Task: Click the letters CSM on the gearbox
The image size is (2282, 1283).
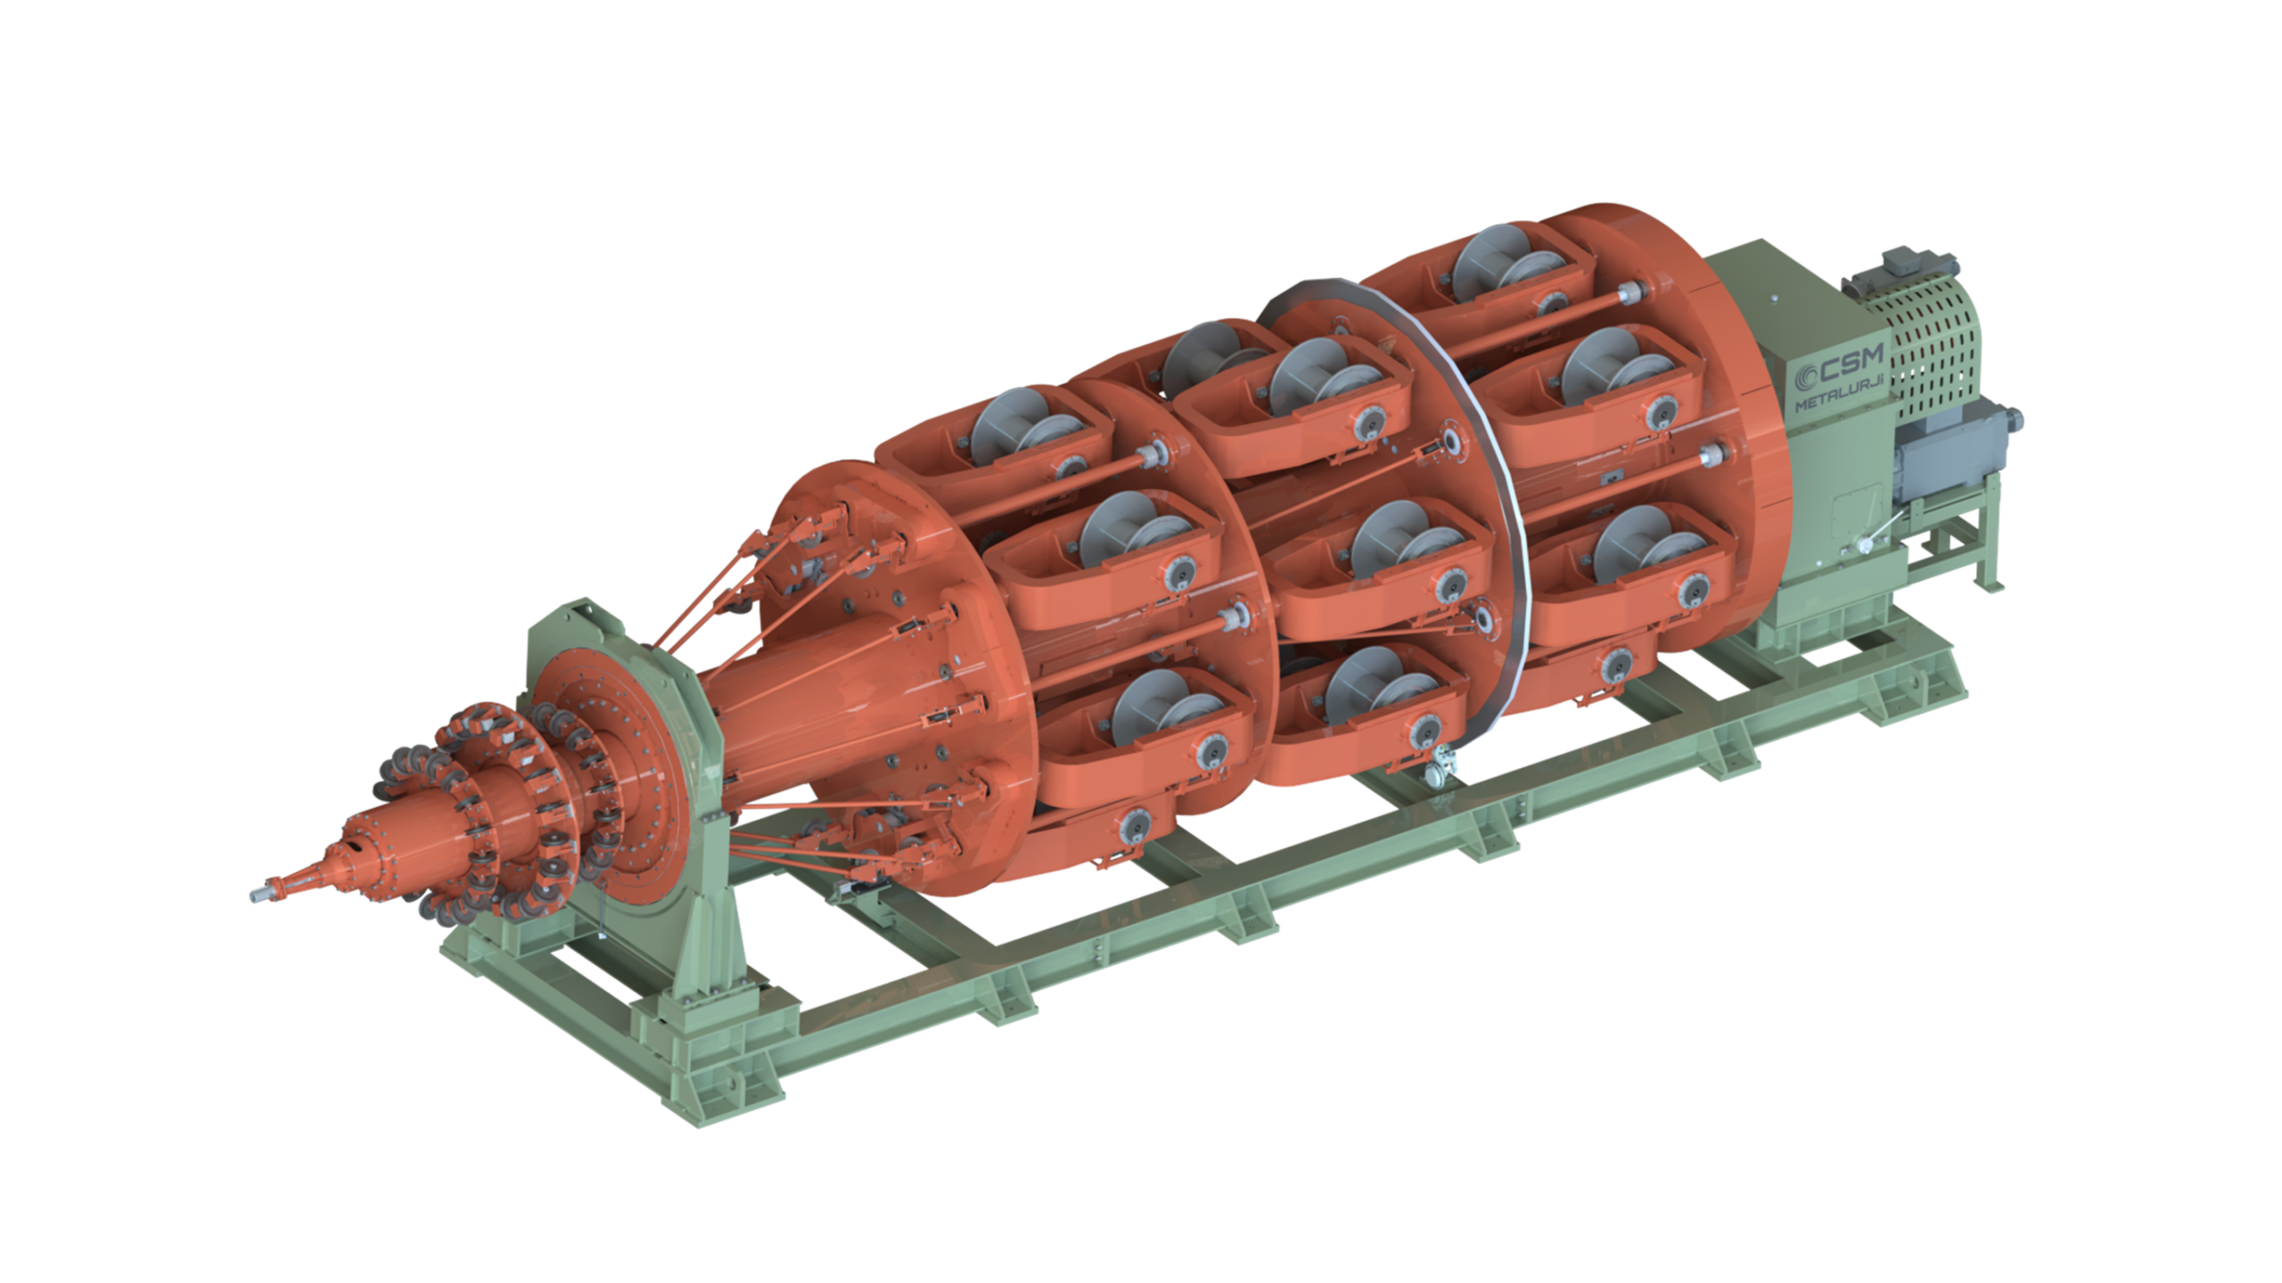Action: [x=1851, y=362]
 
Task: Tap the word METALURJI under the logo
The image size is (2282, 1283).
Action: [x=1839, y=391]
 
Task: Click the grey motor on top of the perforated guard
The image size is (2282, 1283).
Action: [x=1899, y=273]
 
